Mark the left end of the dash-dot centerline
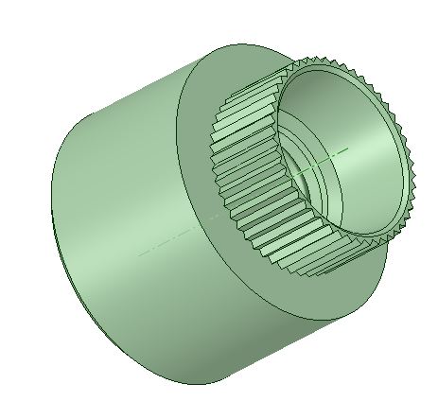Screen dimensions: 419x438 pos(139,254)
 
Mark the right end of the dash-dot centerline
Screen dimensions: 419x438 pos(350,147)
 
